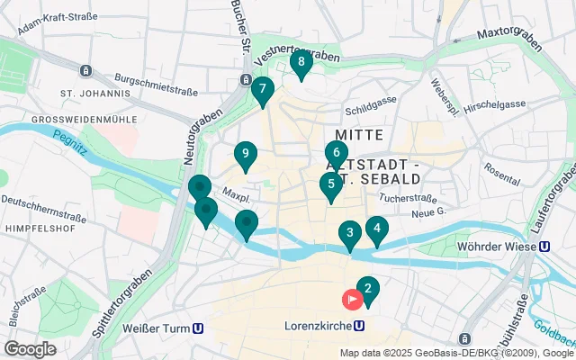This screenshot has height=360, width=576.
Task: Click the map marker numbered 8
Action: click(x=301, y=63)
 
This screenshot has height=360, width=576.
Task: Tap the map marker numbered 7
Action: click(x=262, y=90)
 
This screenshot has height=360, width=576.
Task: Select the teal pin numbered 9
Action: click(x=245, y=155)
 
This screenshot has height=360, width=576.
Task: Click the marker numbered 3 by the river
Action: click(x=350, y=234)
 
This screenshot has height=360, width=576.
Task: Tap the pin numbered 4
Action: click(x=376, y=229)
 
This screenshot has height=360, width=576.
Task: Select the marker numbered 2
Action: click(x=367, y=290)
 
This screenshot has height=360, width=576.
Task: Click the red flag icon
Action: click(x=350, y=299)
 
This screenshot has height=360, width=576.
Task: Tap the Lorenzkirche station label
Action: click(x=318, y=326)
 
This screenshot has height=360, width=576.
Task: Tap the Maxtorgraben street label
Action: click(x=511, y=35)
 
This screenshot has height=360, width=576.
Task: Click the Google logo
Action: click(x=30, y=349)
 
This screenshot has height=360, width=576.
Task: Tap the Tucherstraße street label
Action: click(x=408, y=197)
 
